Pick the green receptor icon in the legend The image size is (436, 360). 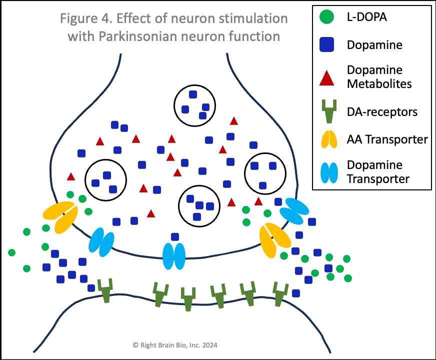coord(328,111)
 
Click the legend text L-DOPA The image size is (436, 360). coord(366,18)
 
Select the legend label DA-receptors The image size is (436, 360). coord(382,111)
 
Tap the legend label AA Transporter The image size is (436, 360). coord(387,139)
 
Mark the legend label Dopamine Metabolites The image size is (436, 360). coord(379,76)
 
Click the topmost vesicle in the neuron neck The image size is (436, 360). coord(194,104)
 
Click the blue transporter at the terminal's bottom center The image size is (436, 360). coord(174,255)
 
